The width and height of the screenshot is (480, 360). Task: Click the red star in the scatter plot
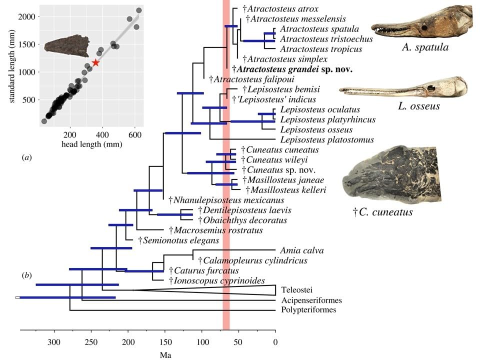[95, 62]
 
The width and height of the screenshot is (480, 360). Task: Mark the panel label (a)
[27, 157]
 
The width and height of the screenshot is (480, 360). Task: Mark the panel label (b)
[27, 275]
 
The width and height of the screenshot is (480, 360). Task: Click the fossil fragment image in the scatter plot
[65, 45]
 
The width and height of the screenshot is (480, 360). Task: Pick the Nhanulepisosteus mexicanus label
[218, 200]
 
